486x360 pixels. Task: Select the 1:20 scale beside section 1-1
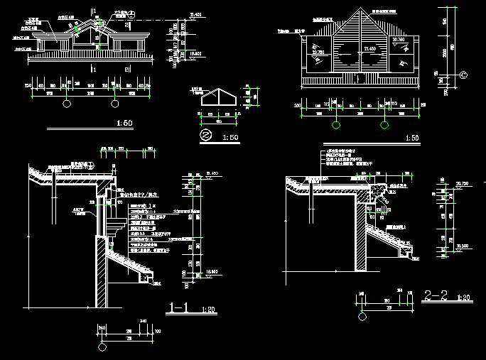209,310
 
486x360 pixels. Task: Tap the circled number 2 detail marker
205,135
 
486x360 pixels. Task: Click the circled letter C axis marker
463,74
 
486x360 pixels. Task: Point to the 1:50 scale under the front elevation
124,124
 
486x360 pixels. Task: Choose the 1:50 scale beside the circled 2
230,137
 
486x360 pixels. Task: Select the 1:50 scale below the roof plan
411,137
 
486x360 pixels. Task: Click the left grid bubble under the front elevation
67,104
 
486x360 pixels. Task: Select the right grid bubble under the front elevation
114,104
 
